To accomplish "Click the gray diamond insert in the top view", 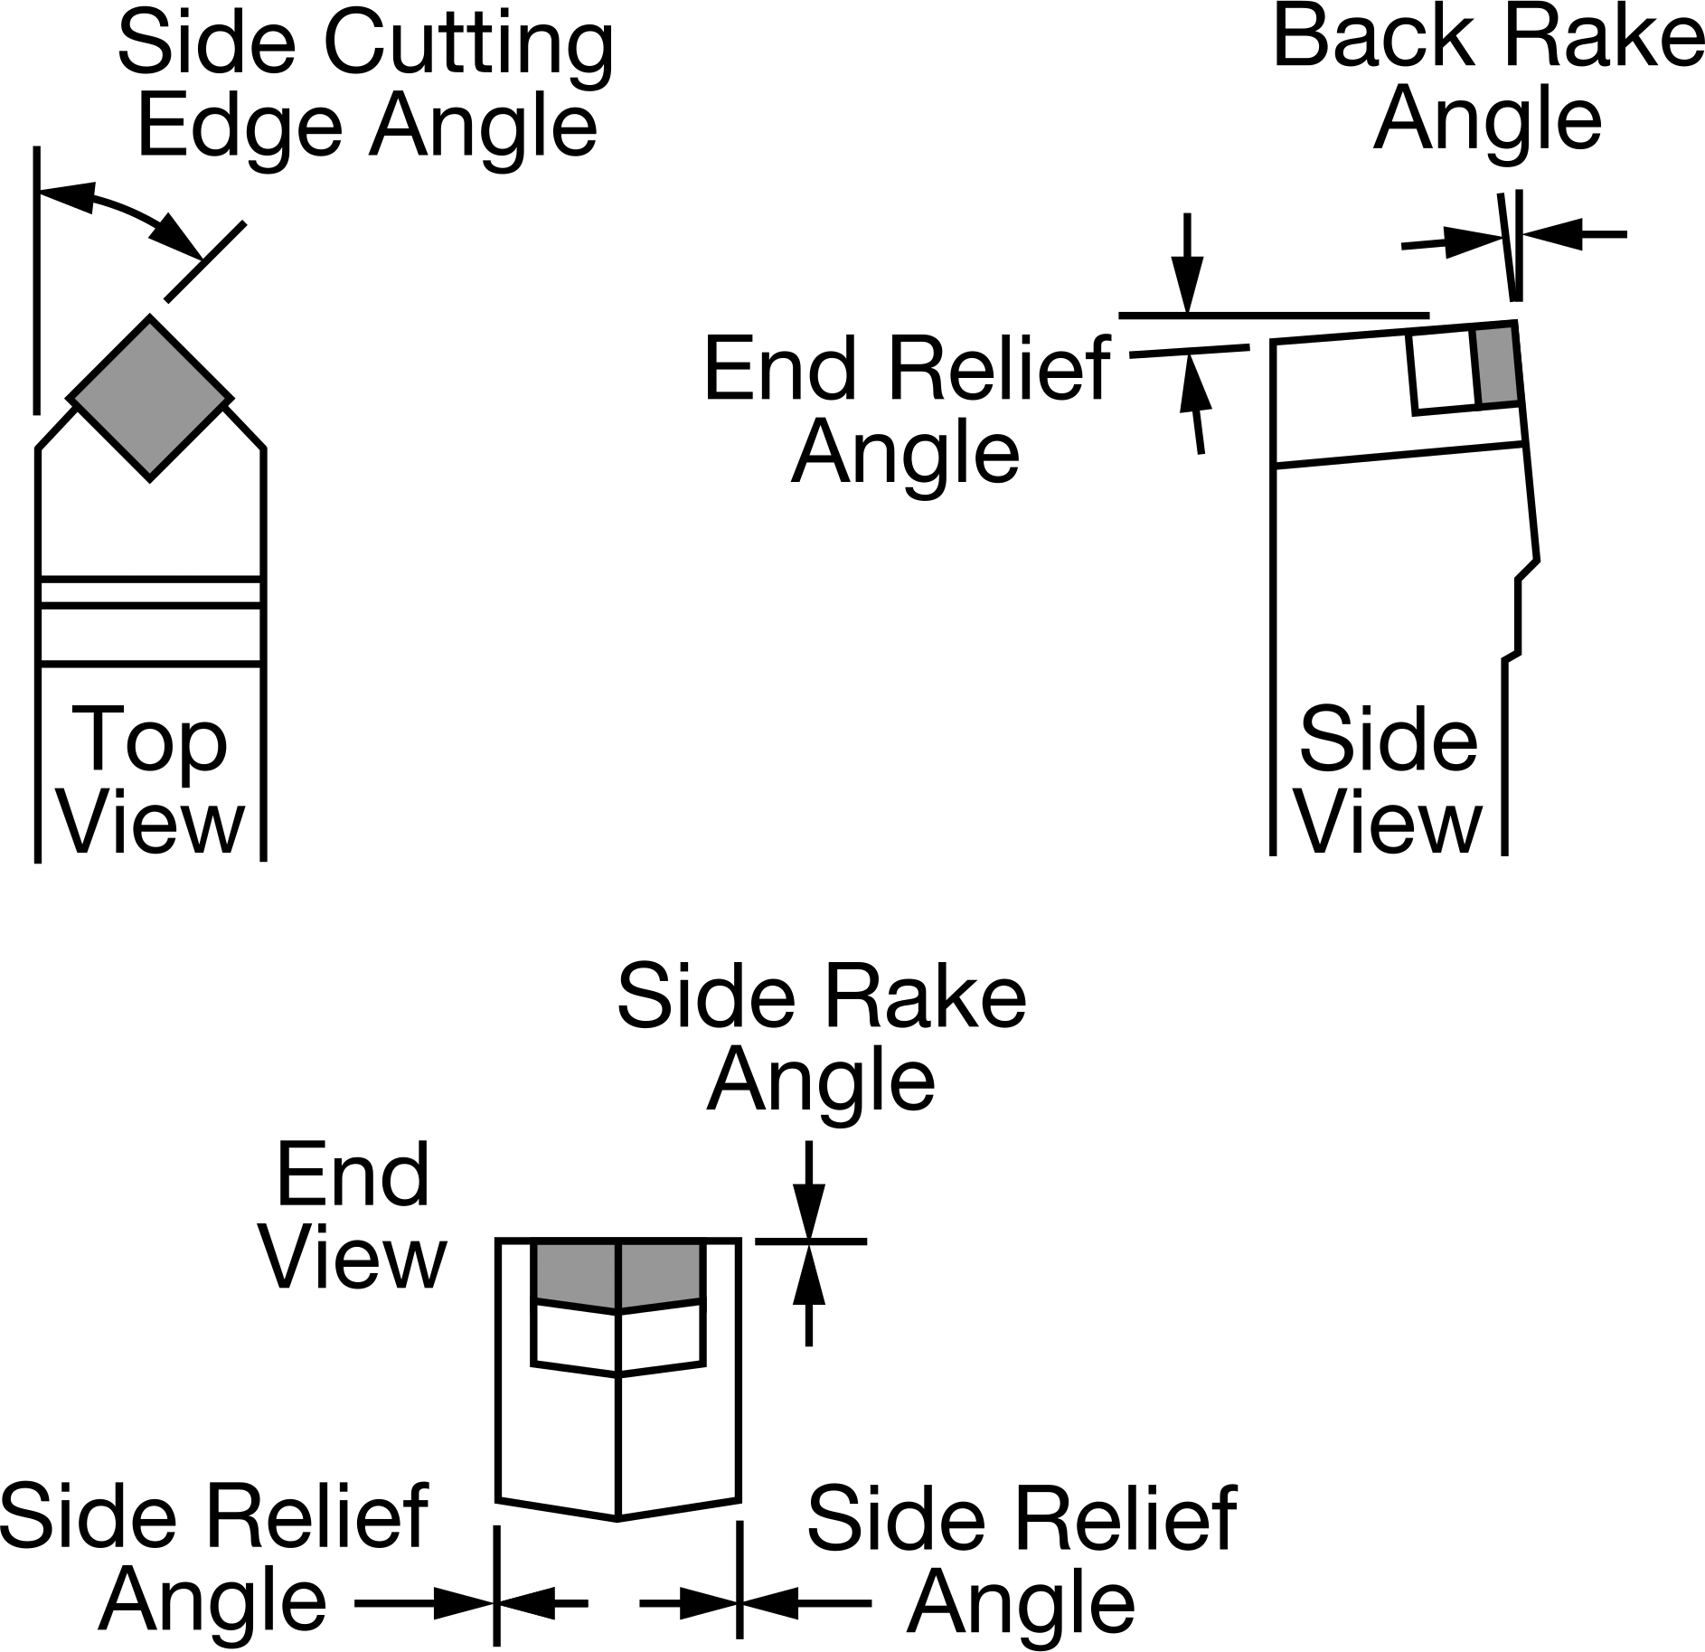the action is (x=150, y=397).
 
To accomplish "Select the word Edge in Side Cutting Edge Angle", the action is (x=240, y=127).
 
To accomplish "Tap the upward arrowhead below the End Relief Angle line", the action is (x=1195, y=382).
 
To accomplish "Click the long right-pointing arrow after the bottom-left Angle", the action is (x=425, y=1603).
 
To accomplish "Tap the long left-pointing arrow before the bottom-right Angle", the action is (x=805, y=1603).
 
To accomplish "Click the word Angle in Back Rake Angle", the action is (x=1488, y=121).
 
